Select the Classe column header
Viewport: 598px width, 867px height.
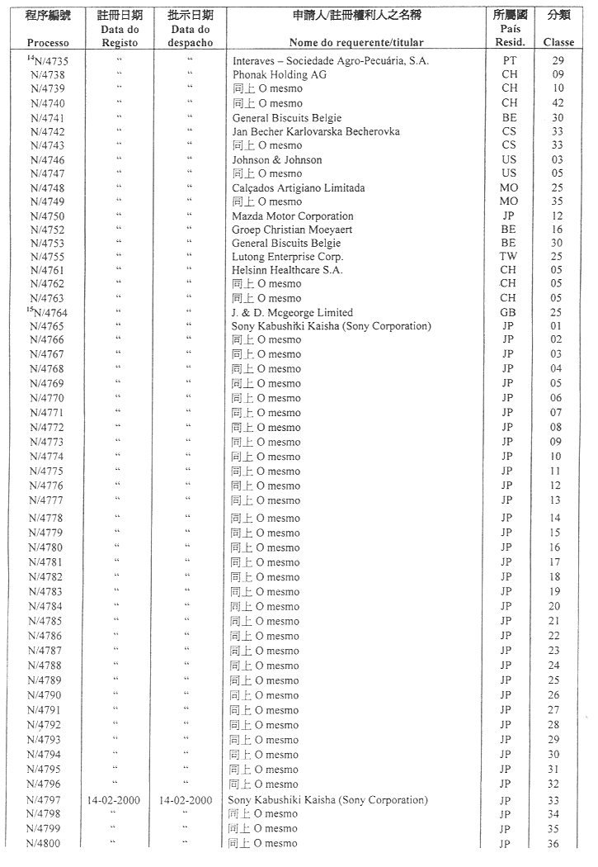click(x=558, y=42)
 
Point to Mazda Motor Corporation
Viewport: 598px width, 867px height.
click(x=292, y=216)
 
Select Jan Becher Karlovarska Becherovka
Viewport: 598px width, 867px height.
click(x=316, y=131)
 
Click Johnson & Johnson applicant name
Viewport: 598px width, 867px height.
click(x=277, y=159)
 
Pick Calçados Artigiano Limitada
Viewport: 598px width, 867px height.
click(x=298, y=187)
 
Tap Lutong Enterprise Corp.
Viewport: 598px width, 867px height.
click(x=286, y=257)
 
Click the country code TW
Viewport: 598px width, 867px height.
click(x=510, y=257)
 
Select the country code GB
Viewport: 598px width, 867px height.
click(x=509, y=313)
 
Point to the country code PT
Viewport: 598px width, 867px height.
click(x=510, y=60)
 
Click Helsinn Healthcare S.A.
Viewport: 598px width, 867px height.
click(x=287, y=270)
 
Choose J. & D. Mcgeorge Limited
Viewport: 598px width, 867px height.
click(x=292, y=313)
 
